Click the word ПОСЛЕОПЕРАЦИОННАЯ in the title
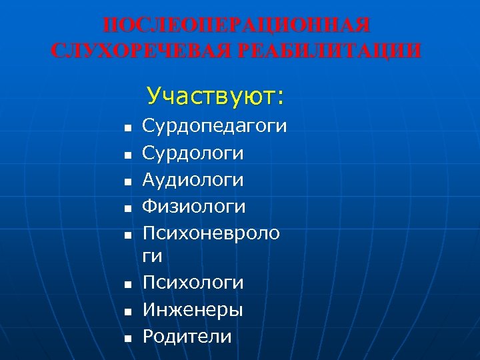pos(237,26)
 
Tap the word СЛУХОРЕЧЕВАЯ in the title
pos(139,50)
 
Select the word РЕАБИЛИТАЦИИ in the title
pos(327,50)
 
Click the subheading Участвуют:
pos(216,97)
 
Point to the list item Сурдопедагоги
pos(215,126)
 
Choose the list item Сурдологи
pos(193,153)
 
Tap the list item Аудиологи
pos(193,180)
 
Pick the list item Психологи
pos(193,283)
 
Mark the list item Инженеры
pos(193,309)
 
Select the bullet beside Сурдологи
pos(127,155)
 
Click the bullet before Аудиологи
pos(127,181)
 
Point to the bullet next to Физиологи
pos(127,208)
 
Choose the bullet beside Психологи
pos(127,285)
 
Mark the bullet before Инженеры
pos(127,311)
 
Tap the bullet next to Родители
pos(127,338)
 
